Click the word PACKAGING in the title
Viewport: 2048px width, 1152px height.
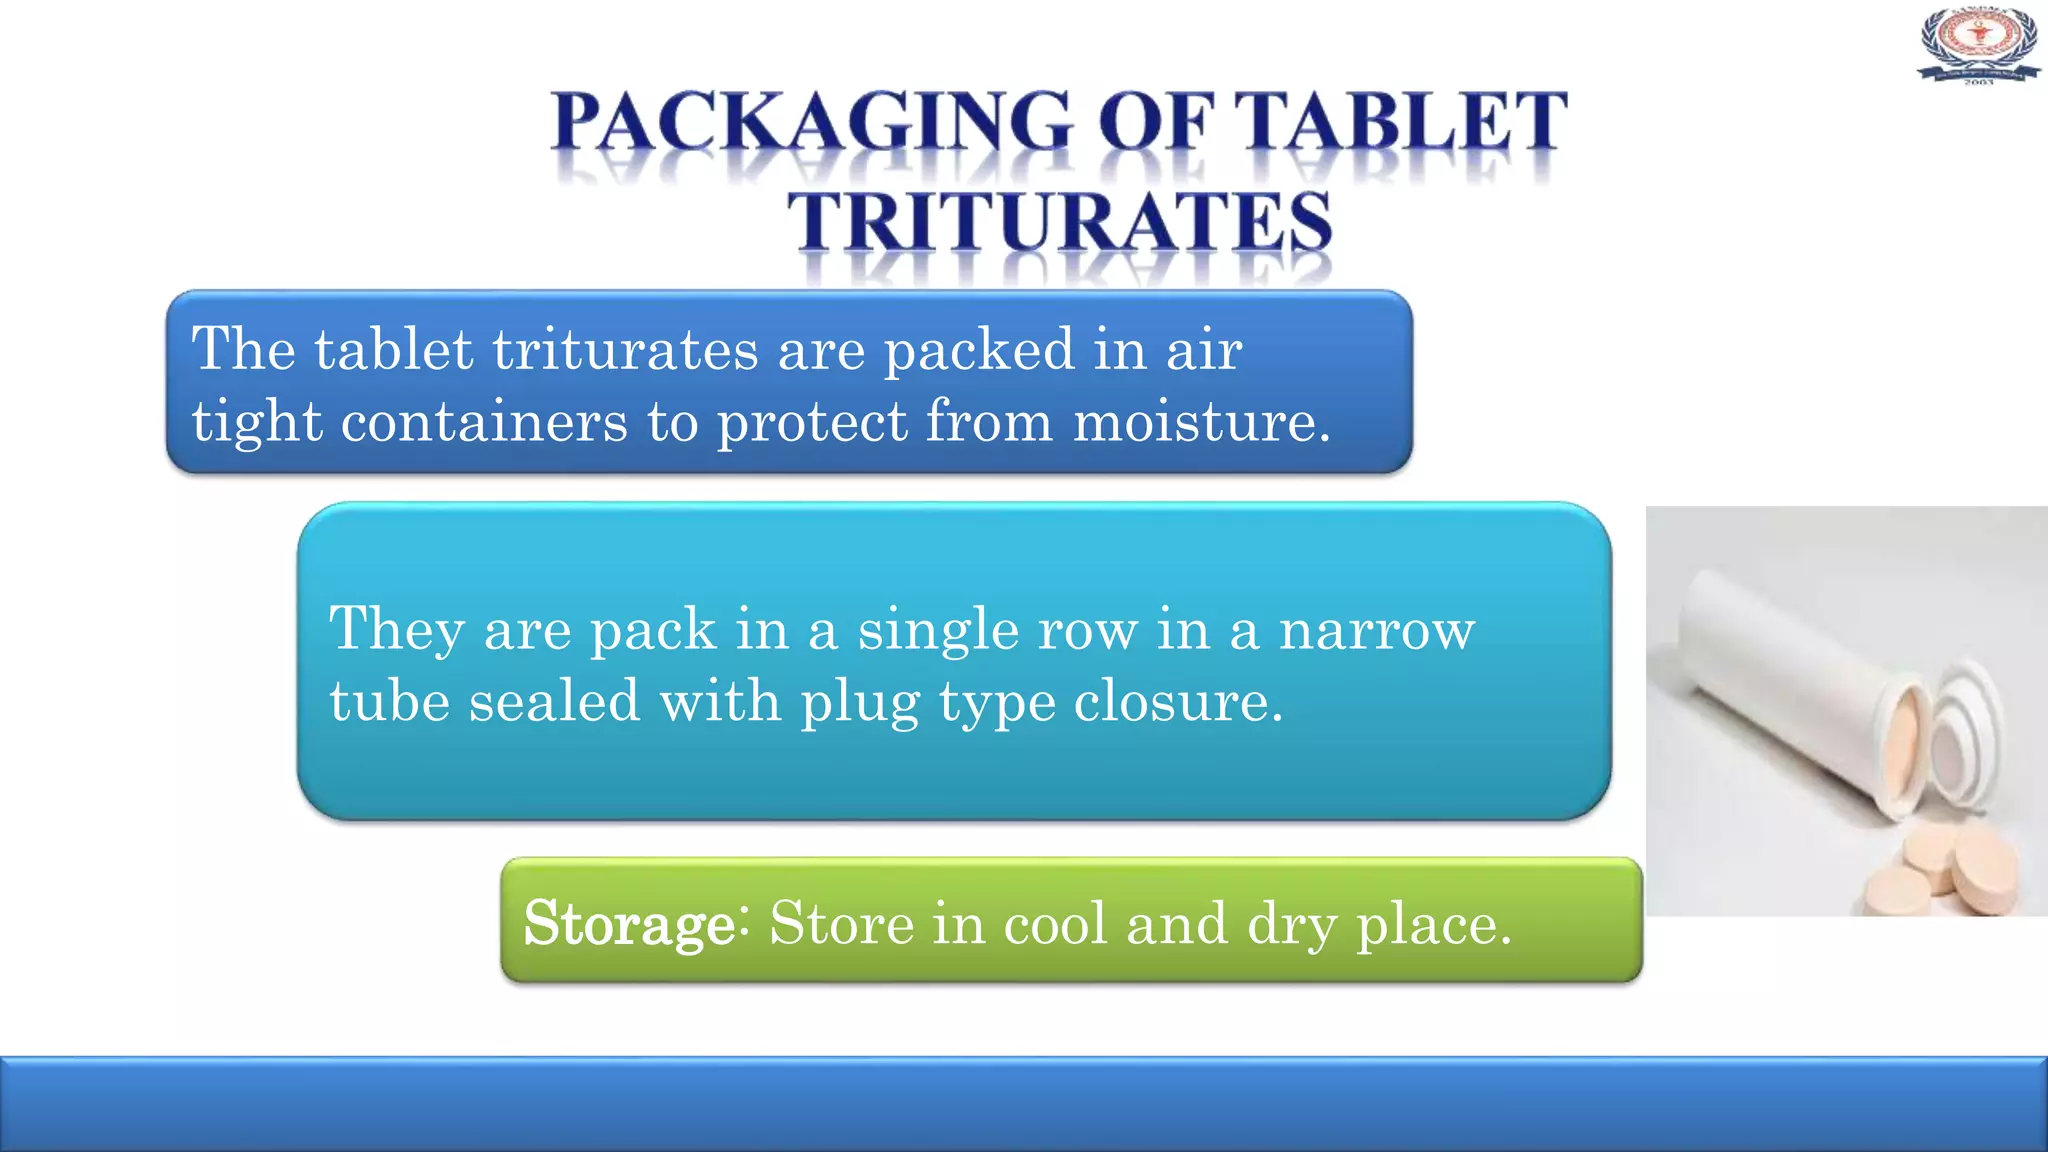pos(811,123)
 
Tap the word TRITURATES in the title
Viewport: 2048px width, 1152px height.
pos(1059,221)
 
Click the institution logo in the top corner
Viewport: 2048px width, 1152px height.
pos(1978,45)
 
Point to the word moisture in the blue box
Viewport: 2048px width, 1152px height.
pos(1201,421)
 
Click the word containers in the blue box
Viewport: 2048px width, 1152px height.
pos(484,421)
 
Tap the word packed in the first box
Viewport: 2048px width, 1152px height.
pos(979,351)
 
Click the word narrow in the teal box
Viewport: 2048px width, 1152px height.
pos(1376,630)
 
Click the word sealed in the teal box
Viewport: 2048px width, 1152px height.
pos(554,701)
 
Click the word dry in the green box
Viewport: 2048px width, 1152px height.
pos(1290,925)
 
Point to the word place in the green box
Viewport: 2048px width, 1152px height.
pos(1432,925)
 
